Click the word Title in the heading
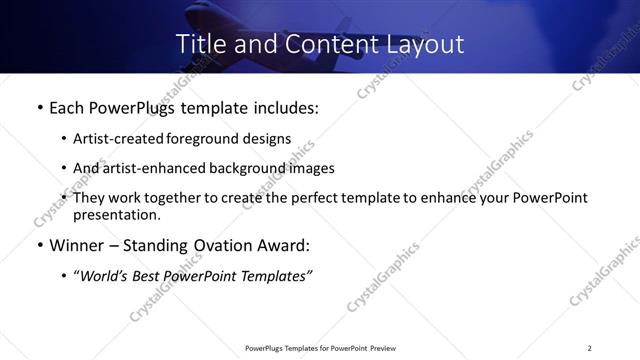tap(200, 44)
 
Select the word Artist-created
tap(122, 139)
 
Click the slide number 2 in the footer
tap(590, 348)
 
